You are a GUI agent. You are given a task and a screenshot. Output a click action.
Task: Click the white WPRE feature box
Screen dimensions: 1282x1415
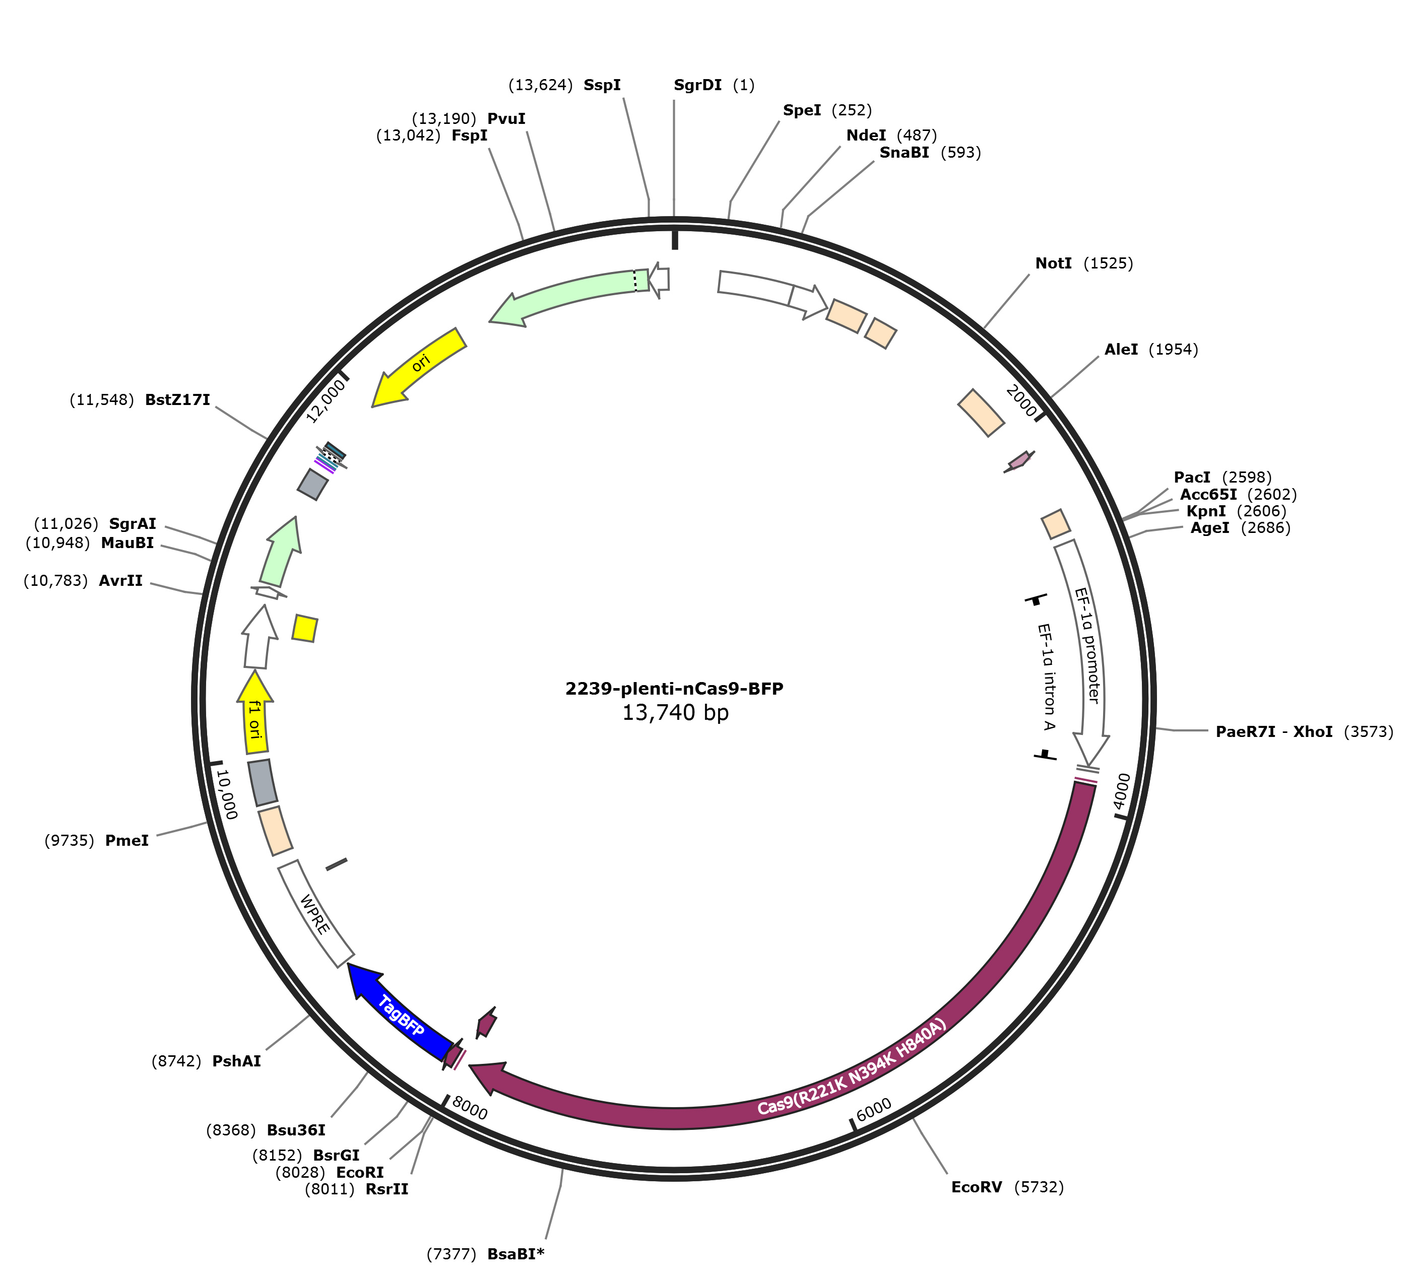pyautogui.click(x=315, y=913)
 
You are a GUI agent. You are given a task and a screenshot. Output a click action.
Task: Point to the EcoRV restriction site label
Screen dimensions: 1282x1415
pyautogui.click(x=976, y=1187)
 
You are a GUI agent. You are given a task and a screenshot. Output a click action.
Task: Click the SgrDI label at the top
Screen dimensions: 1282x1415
pyautogui.click(x=697, y=85)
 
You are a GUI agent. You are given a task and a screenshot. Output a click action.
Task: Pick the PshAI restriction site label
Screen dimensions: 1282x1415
pyautogui.click(x=236, y=1061)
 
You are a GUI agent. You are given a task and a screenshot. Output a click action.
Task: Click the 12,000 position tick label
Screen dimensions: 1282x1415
pyautogui.click(x=327, y=400)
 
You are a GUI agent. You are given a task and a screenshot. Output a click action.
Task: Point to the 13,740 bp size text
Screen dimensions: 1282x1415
pyautogui.click(x=675, y=713)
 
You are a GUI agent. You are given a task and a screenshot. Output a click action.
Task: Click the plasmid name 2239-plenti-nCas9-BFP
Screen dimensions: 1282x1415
pyautogui.click(x=675, y=689)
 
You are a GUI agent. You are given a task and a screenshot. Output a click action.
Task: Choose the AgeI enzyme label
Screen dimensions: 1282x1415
pyautogui.click(x=1210, y=528)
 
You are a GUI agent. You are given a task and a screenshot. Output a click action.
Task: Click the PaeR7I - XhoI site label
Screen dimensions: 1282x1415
pyautogui.click(x=1274, y=732)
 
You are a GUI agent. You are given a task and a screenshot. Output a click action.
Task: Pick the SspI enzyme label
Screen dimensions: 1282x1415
pyautogui.click(x=602, y=85)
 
